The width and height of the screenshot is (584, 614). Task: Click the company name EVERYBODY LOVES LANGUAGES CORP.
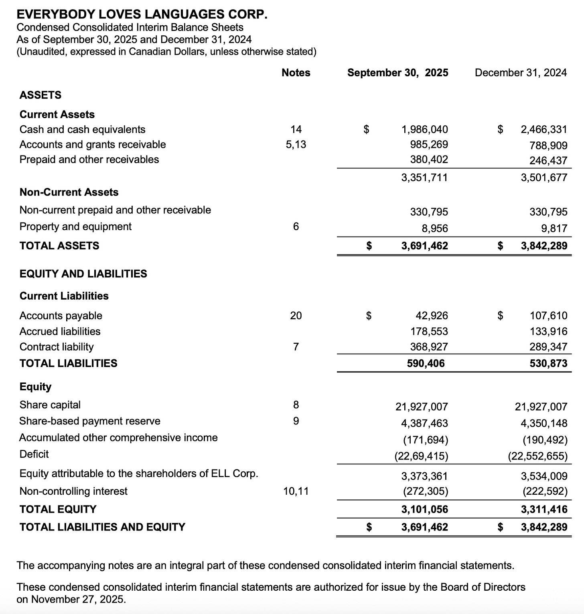click(142, 14)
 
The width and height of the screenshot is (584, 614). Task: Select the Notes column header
click(296, 73)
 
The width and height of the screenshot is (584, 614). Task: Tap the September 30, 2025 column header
click(397, 73)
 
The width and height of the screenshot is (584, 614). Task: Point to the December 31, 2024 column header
click(521, 73)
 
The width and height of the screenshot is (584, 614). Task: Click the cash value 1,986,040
click(424, 129)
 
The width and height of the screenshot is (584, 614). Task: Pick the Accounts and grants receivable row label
click(93, 144)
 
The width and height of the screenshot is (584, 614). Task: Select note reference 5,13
click(296, 144)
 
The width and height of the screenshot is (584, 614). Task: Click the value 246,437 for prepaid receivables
click(548, 161)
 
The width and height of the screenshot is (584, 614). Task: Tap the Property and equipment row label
click(75, 226)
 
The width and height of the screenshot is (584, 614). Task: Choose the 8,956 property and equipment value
click(434, 228)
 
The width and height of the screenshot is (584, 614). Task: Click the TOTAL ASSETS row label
click(59, 246)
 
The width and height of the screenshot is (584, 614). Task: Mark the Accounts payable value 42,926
click(432, 316)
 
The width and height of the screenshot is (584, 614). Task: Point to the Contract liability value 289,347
click(548, 347)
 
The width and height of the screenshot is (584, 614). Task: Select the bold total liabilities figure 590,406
click(426, 363)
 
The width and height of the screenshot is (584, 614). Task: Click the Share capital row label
click(50, 405)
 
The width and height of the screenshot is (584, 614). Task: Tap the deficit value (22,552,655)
click(537, 456)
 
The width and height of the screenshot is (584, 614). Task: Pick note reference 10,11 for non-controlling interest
click(296, 491)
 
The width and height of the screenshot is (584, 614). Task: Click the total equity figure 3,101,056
click(424, 509)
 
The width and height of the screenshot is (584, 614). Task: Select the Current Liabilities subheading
click(64, 296)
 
